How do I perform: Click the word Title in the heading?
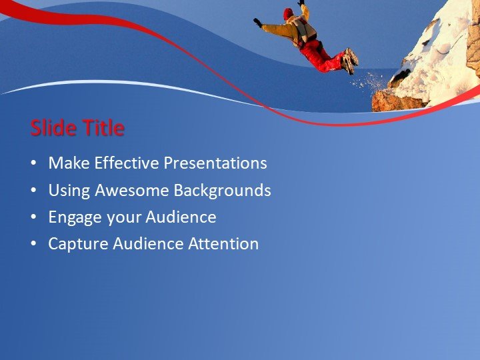tap(102, 128)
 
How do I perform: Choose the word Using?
tap(69, 191)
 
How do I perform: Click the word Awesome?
tap(131, 191)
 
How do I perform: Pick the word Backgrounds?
tap(222, 191)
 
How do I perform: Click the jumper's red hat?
tap(288, 13)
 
